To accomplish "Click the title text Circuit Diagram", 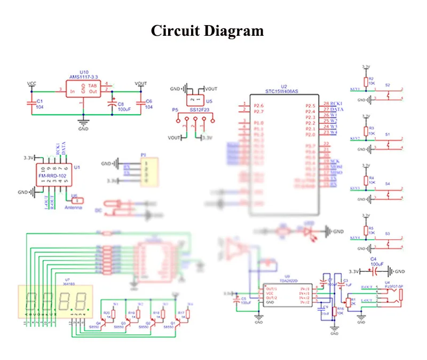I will [207, 30].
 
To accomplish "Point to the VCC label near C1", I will [31, 84].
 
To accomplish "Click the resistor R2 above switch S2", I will [366, 81].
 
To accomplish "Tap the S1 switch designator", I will [388, 134].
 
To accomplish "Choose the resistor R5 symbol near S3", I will [366, 230].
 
